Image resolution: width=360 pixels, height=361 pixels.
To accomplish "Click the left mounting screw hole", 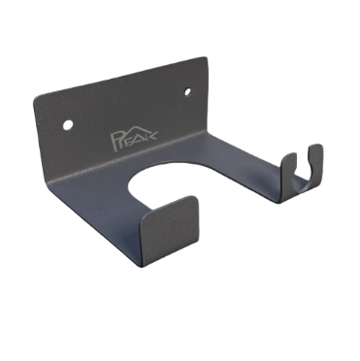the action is pos(68,124).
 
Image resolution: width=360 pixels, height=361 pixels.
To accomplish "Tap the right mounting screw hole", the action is pos(187,92).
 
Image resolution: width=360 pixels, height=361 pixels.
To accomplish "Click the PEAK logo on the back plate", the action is pos(133,137).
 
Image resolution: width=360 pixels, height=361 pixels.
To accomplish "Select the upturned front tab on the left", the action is pos(169,231).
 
